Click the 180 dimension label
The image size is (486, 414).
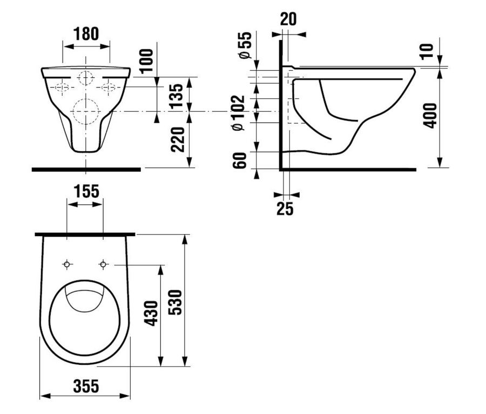86,34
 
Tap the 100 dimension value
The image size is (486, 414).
147,61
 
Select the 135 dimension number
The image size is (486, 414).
178,96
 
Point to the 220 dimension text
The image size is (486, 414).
178,139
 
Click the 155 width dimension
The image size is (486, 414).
86,191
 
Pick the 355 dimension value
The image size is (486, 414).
86,386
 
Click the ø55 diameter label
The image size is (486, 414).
245,45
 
